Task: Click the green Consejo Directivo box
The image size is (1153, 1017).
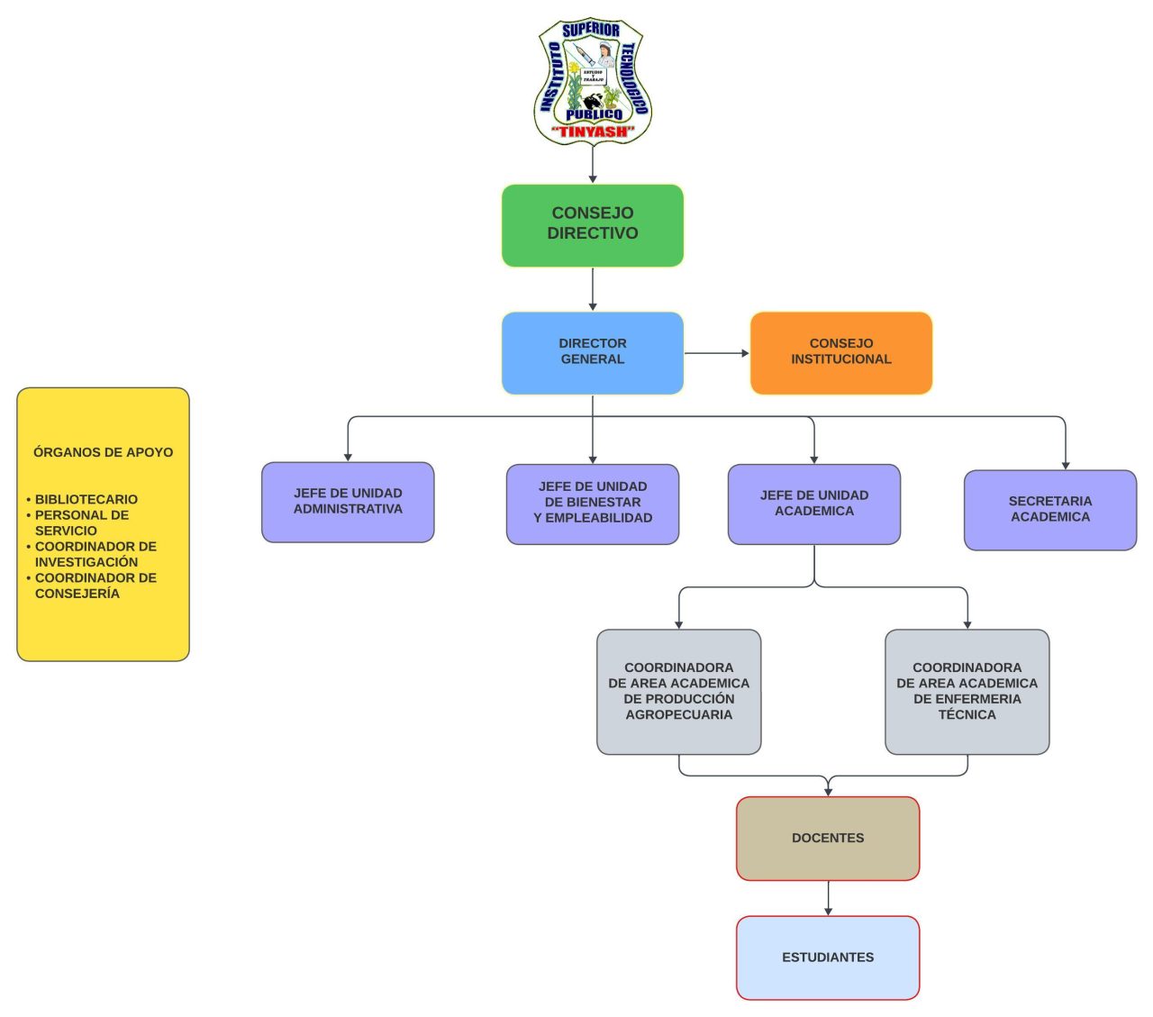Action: click(593, 225)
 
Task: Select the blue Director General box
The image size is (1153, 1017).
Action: click(593, 352)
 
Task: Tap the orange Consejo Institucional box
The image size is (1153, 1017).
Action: click(840, 352)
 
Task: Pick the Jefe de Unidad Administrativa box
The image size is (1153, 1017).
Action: click(348, 502)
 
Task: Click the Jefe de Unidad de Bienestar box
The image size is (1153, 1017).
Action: click(593, 504)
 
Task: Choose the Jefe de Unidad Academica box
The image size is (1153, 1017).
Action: click(813, 504)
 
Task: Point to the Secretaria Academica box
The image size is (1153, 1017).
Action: click(1049, 509)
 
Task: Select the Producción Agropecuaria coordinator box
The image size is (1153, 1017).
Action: click(678, 691)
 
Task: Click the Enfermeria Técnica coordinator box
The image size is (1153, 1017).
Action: click(967, 691)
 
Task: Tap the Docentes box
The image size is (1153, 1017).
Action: click(828, 838)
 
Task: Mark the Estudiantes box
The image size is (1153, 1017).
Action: click(828, 958)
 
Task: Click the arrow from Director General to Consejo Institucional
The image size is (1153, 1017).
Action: click(716, 353)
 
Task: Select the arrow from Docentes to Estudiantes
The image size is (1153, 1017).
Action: click(828, 898)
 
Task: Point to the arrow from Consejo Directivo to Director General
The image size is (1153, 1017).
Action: click(593, 289)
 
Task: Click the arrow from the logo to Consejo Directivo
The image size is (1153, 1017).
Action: click(593, 165)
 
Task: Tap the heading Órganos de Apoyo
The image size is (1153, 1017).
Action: click(103, 452)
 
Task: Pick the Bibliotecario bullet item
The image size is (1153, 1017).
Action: click(86, 499)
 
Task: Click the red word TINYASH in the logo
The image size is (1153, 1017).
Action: click(594, 132)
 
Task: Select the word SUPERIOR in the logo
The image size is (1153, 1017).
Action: click(591, 30)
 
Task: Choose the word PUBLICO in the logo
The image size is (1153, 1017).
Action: click(594, 114)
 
